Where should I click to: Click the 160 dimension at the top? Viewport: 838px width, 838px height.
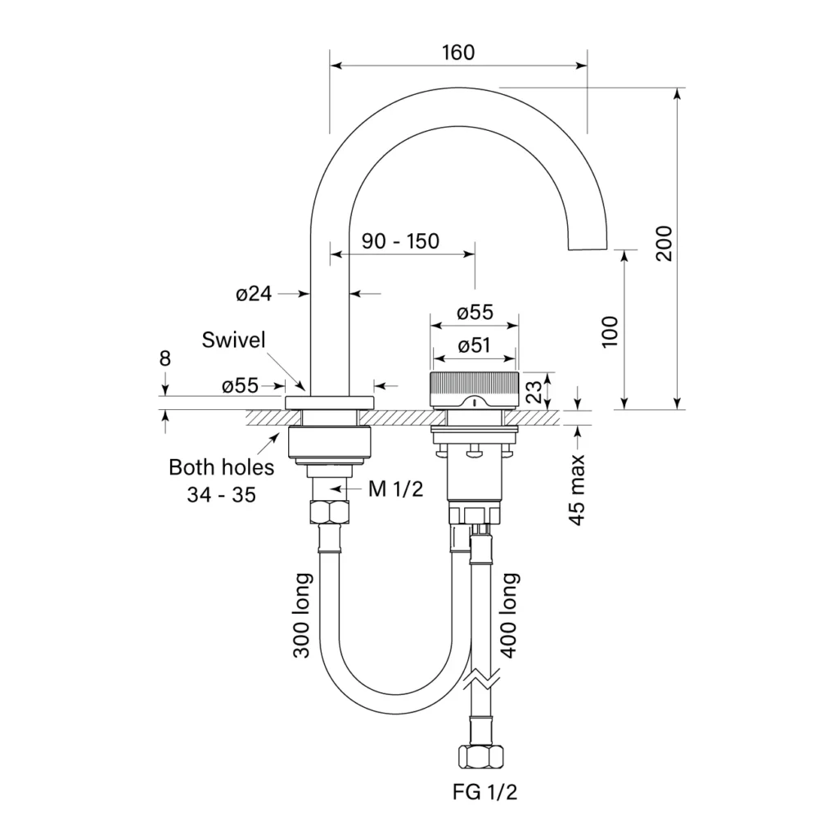click(458, 52)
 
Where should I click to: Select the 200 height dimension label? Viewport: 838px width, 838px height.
click(664, 243)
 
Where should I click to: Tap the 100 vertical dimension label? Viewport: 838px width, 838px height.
click(610, 332)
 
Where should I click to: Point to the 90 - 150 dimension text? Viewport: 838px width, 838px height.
click(400, 241)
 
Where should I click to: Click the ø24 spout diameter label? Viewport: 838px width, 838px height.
click(254, 294)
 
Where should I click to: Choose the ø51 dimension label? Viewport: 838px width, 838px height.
click(474, 345)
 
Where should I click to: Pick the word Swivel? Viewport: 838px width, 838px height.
click(233, 340)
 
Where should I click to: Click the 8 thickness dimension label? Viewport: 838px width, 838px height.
click(165, 358)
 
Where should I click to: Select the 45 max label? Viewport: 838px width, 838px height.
click(578, 490)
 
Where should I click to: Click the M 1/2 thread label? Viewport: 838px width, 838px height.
click(395, 489)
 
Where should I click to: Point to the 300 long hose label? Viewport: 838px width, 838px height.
click(302, 615)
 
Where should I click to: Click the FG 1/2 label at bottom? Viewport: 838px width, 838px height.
click(484, 791)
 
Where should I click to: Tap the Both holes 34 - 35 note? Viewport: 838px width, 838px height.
click(221, 481)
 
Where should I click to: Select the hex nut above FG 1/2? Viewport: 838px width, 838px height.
click(481, 757)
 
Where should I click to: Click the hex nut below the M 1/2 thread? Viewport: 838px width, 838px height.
click(329, 512)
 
